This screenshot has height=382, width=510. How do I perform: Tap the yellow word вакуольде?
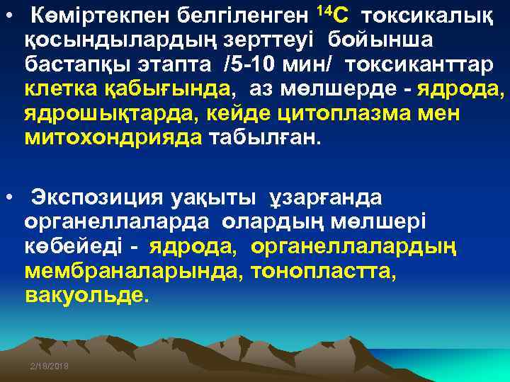click(87, 295)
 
